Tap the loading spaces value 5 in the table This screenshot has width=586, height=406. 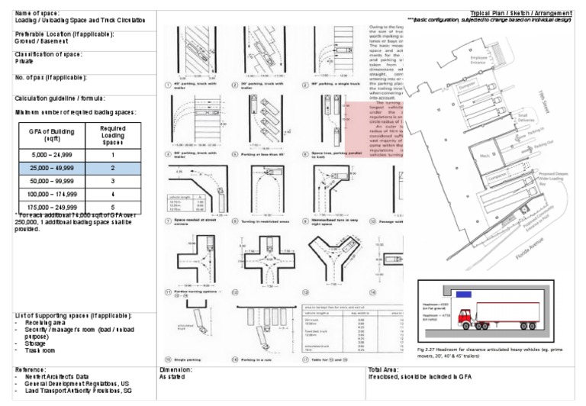click(x=113, y=207)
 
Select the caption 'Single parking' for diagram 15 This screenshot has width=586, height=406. click(x=189, y=359)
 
